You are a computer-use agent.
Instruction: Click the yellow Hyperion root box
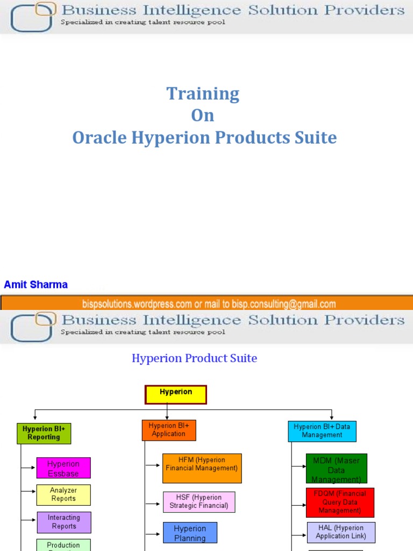click(176, 394)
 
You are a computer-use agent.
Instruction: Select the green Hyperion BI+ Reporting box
click(44, 433)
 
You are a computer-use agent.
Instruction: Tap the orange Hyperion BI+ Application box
click(168, 430)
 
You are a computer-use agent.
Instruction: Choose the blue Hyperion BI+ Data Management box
click(322, 431)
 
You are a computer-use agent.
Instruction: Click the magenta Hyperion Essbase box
click(63, 468)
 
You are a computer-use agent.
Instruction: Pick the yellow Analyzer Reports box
click(63, 495)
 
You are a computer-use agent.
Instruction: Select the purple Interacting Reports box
click(64, 522)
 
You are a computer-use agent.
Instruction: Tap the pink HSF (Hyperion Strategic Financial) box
click(199, 501)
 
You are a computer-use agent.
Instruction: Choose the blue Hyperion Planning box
click(190, 533)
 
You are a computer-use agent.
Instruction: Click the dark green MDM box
click(336, 469)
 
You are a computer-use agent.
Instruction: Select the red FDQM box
click(340, 502)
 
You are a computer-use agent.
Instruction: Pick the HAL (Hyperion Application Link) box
click(341, 532)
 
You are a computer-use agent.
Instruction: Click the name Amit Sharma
click(36, 285)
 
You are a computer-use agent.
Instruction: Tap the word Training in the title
click(203, 94)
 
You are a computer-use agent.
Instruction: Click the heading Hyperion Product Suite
click(194, 358)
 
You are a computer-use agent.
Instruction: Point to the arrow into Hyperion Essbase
click(29, 468)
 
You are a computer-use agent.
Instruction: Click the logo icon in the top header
click(33, 17)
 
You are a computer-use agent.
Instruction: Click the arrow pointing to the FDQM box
click(298, 505)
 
